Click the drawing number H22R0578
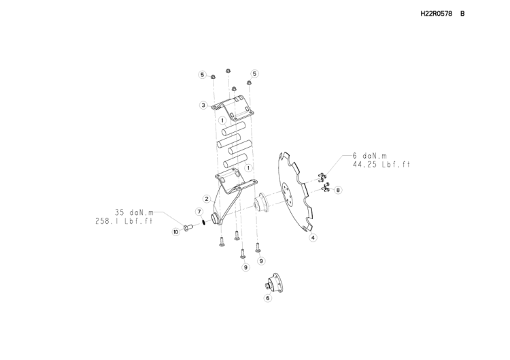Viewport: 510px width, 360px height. (436, 14)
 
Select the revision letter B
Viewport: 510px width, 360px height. (462, 14)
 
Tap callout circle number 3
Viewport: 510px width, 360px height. (203, 105)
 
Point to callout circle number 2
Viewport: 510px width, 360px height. (207, 199)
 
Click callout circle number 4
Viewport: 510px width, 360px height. (313, 238)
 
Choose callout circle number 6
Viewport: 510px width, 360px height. (268, 298)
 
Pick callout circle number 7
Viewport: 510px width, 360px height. (199, 212)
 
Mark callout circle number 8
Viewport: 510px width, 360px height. (338, 190)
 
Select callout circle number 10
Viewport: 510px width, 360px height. (176, 232)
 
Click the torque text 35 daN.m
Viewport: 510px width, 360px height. (134, 212)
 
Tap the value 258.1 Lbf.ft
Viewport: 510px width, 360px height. (124, 221)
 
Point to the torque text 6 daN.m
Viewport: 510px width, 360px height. (370, 157)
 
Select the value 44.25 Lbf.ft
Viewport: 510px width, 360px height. (381, 165)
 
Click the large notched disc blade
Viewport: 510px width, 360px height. (294, 192)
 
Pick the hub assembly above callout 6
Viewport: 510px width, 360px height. (275, 282)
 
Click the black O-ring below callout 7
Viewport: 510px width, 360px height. (203, 223)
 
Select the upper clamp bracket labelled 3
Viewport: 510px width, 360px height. (233, 108)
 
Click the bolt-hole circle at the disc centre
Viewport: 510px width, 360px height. (287, 194)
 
